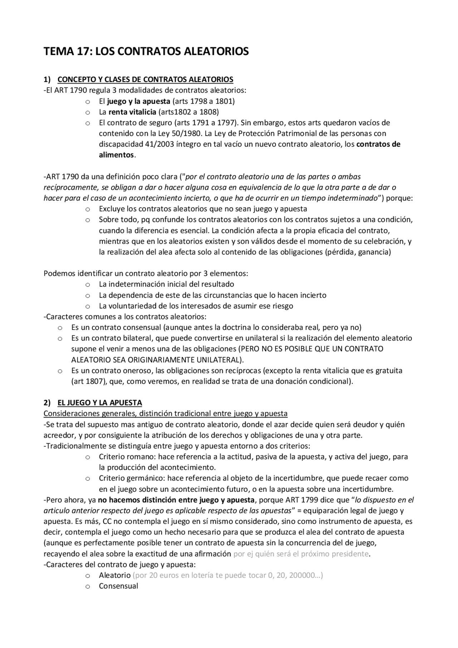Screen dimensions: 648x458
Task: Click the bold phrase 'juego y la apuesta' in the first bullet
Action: click(x=138, y=101)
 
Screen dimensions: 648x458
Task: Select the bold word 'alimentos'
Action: click(x=116, y=155)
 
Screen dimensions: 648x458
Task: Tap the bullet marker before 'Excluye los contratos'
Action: click(x=88, y=209)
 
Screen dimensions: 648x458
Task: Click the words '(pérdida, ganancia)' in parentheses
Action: click(x=358, y=252)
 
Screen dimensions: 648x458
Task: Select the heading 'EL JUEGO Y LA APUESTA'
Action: click(x=99, y=403)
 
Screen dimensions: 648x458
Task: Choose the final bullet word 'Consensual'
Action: click(x=118, y=586)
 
